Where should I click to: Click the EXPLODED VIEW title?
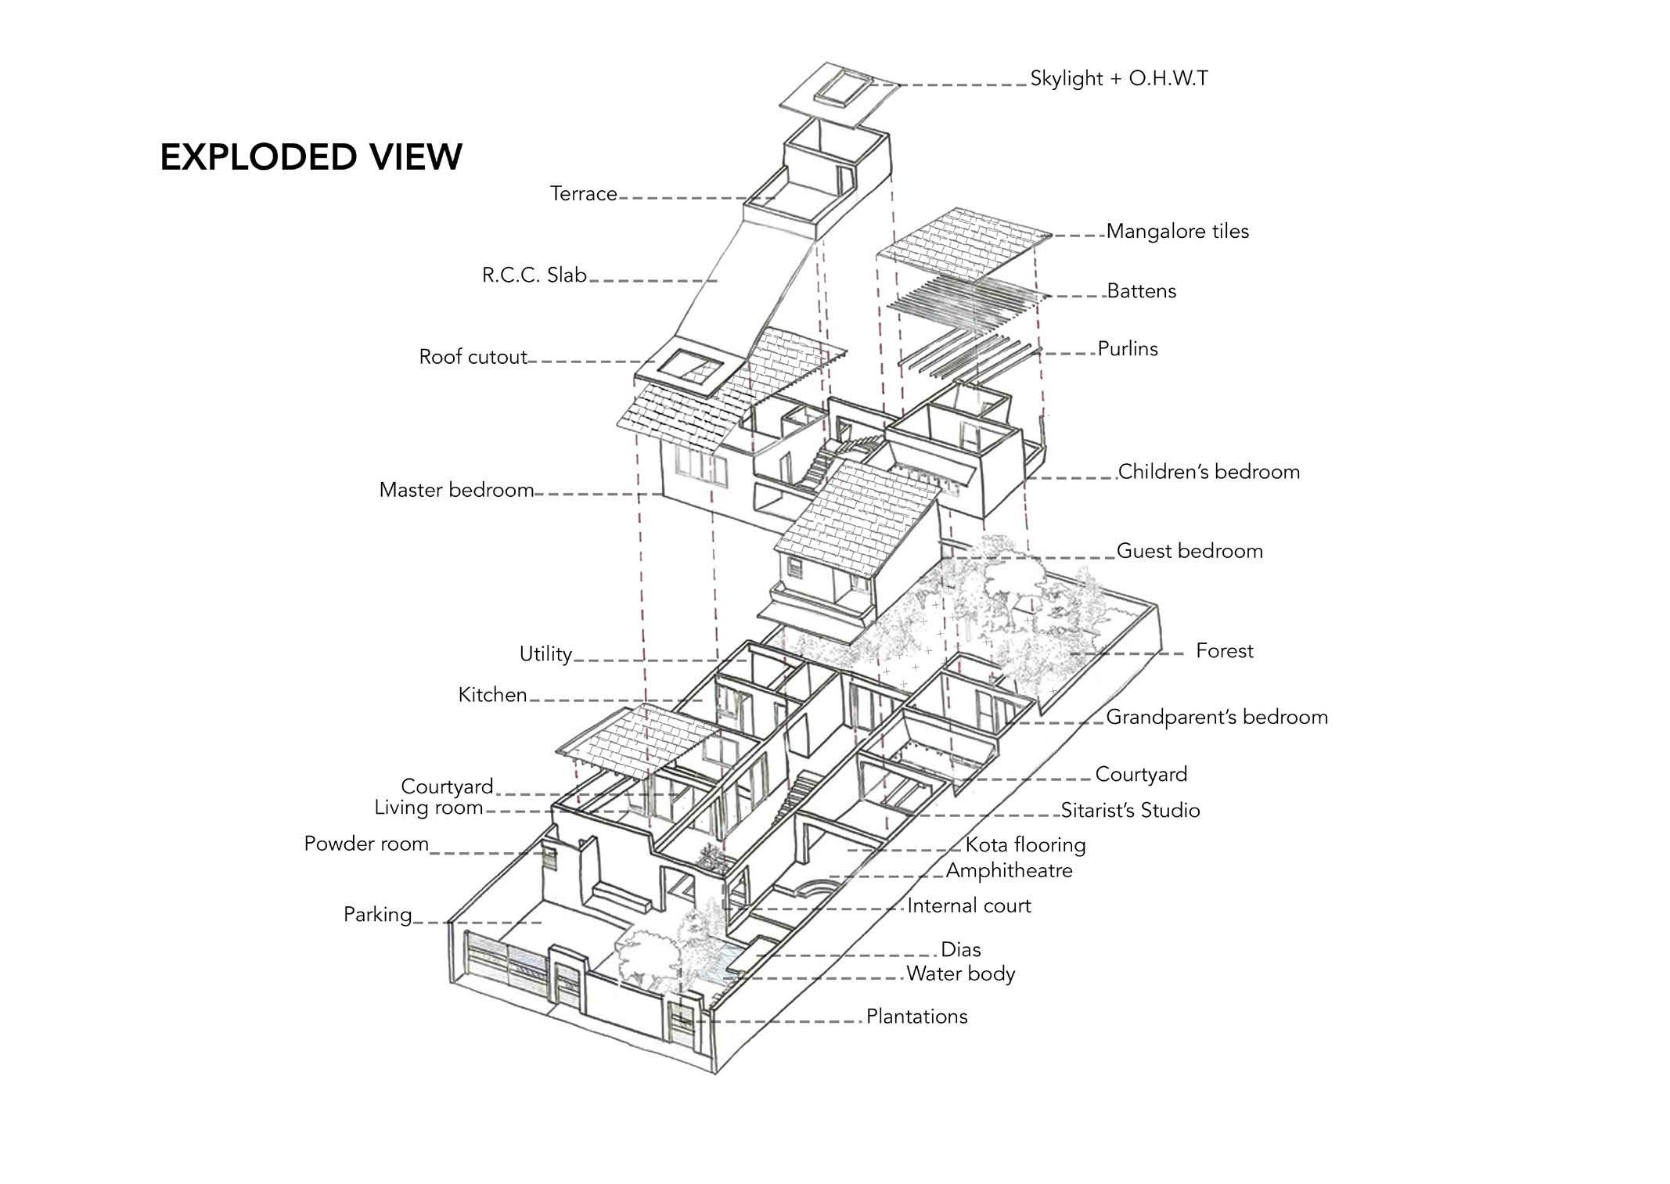311,157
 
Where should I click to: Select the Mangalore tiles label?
1177,232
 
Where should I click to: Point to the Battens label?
1141,291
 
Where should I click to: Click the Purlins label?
1127,349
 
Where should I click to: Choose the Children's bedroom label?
1208,472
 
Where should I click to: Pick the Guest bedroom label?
1189,551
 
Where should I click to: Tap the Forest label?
1224,651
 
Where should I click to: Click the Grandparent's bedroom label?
1216,718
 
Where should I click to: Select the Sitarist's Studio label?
1129,811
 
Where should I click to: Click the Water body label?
960,974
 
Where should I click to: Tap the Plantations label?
916,1017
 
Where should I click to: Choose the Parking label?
377,915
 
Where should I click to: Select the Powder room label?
366,844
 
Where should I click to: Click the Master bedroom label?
456,491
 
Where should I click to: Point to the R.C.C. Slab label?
534,275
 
